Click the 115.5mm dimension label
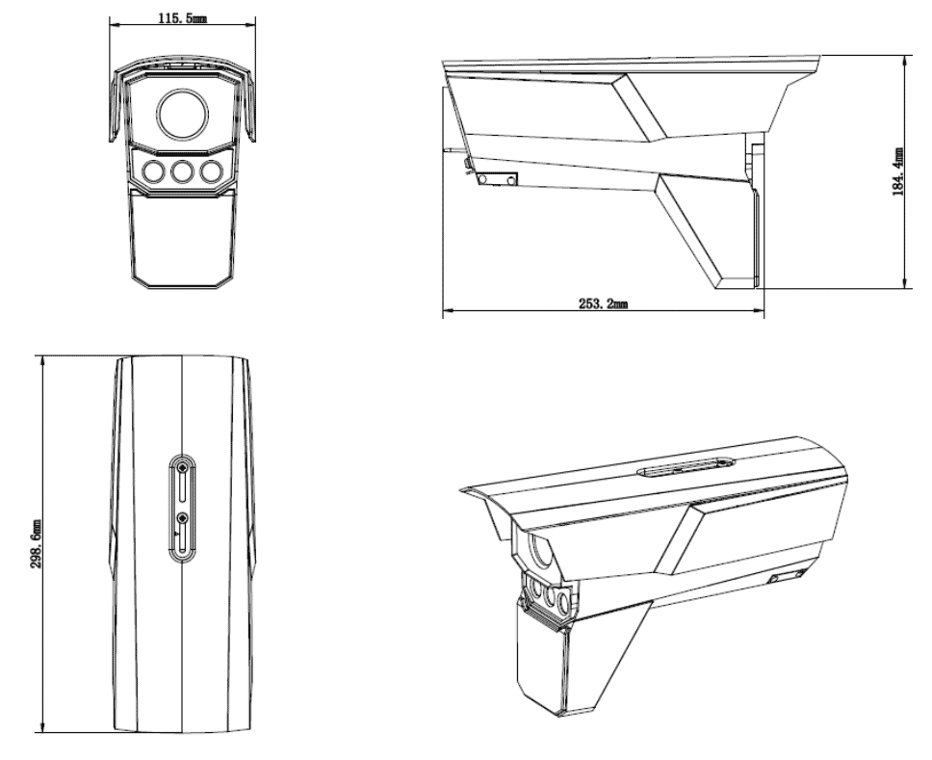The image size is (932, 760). (x=182, y=18)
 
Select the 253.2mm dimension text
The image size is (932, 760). (x=604, y=303)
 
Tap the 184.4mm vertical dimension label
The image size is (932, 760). (x=897, y=171)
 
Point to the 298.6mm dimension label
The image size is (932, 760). (x=36, y=543)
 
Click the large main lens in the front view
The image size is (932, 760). (x=183, y=114)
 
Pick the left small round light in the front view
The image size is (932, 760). (x=153, y=171)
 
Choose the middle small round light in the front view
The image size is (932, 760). (x=182, y=171)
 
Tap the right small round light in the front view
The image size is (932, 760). (x=211, y=171)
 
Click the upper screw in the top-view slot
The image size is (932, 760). (x=182, y=469)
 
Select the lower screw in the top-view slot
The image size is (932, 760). (x=182, y=519)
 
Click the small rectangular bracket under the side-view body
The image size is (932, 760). (x=498, y=179)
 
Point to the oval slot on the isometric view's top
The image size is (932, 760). (x=686, y=467)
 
